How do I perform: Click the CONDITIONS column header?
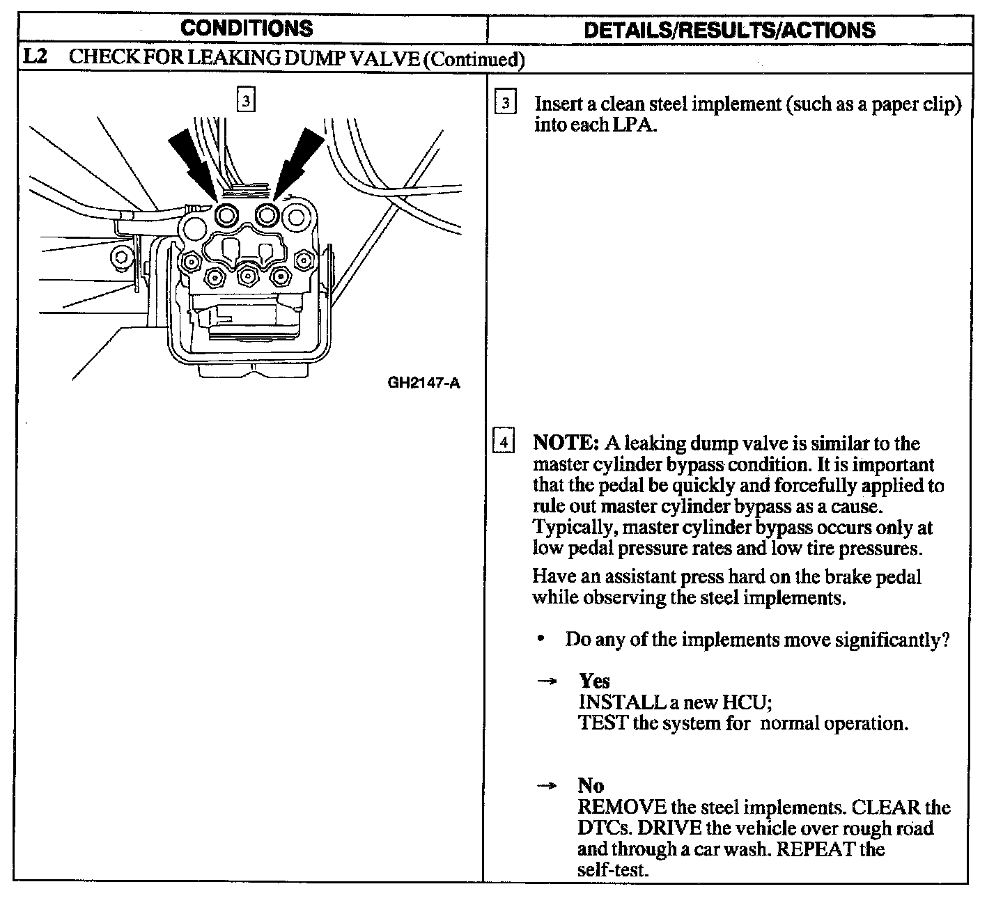(247, 29)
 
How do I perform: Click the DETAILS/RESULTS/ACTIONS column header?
(729, 30)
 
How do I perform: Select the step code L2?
(35, 57)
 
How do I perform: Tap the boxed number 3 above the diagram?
(246, 101)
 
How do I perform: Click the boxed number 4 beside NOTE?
(504, 443)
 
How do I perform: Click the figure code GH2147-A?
(424, 383)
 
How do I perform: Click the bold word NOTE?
(566, 443)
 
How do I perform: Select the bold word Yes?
(594, 681)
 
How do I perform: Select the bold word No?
(591, 786)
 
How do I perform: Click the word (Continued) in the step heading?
(473, 58)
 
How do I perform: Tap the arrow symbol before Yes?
(547, 682)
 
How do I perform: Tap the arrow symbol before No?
(547, 787)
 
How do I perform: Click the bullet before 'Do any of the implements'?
(541, 638)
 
